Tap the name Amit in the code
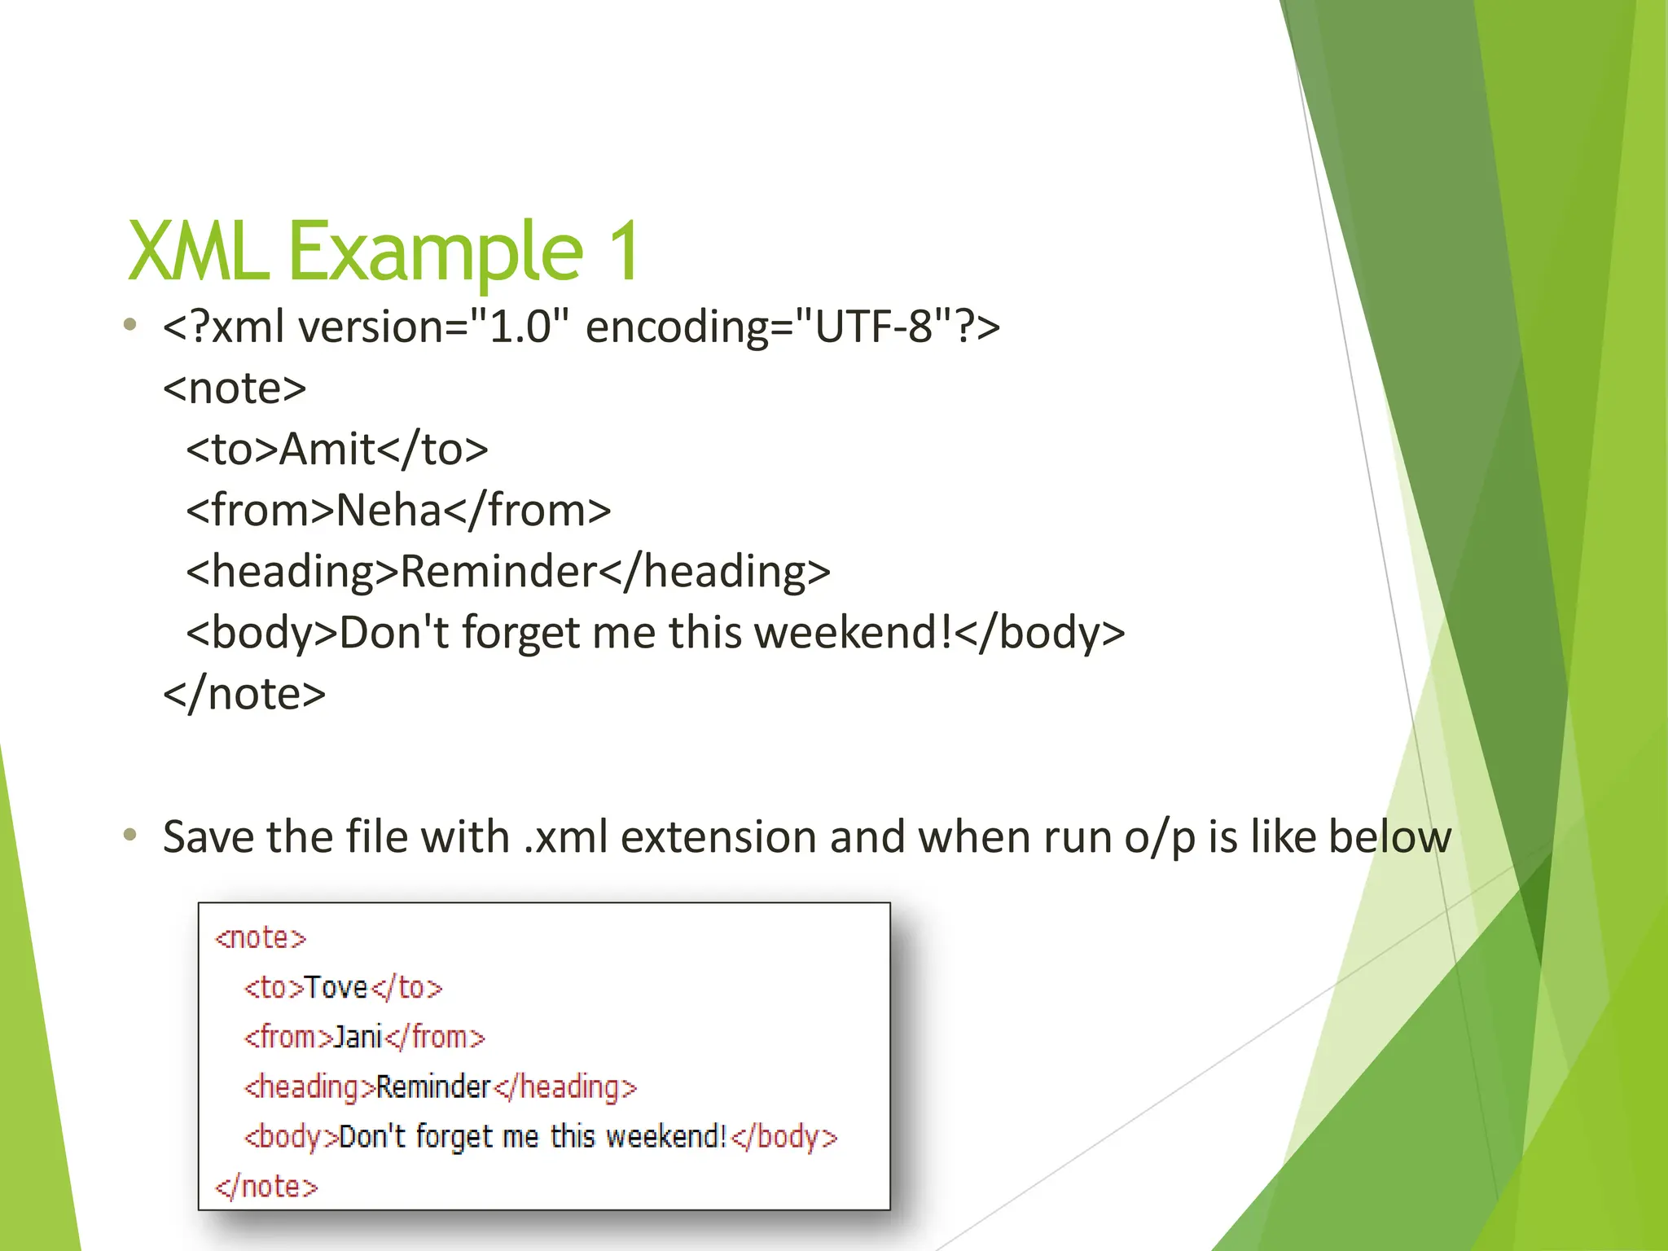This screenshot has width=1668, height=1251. tap(327, 450)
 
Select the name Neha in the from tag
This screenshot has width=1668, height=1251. tap(388, 511)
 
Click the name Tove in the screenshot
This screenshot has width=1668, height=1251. tap(336, 988)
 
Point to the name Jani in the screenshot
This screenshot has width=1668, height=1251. tap(358, 1038)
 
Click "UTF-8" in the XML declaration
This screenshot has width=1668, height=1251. tap(872, 327)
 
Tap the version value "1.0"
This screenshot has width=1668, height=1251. tap(520, 327)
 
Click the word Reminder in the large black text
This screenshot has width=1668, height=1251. tap(499, 572)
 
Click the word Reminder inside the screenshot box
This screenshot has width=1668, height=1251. tap(433, 1087)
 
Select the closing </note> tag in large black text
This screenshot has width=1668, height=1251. tap(244, 695)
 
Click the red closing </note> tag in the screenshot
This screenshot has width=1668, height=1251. tap(266, 1187)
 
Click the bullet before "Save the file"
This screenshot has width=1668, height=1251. tap(129, 835)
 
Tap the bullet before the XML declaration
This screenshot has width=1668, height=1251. tap(129, 325)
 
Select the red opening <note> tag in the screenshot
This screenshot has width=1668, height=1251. tap(261, 938)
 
